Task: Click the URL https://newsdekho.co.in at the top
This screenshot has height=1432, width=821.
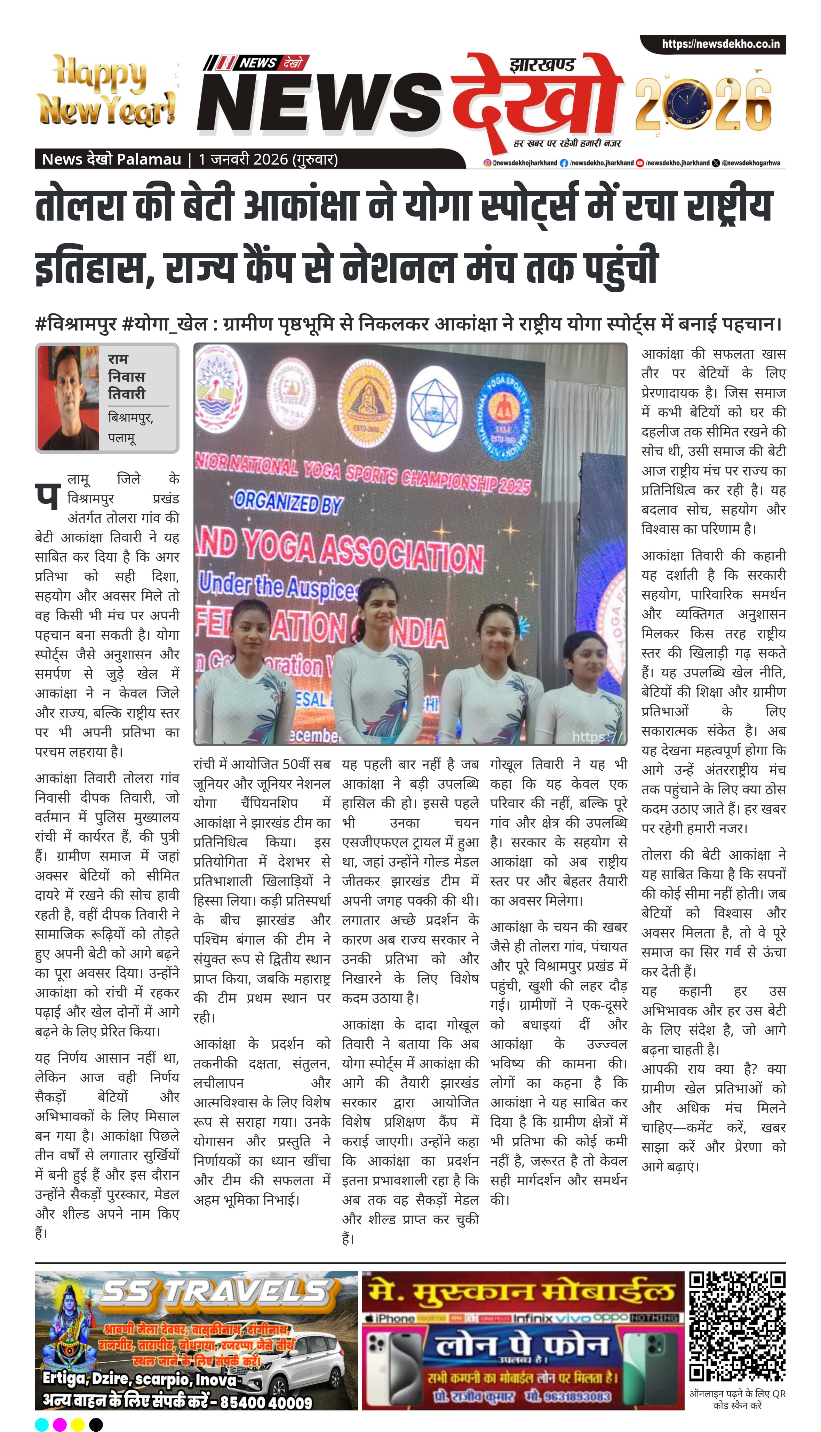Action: click(720, 44)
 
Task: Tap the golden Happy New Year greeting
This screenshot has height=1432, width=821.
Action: click(106, 90)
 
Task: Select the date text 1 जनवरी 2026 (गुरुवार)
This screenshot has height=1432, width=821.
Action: click(268, 160)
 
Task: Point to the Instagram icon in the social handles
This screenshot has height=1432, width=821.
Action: click(487, 163)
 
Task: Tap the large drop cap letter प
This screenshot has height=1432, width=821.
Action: click(47, 495)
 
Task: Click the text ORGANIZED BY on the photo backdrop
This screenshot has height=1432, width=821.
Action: click(288, 501)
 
